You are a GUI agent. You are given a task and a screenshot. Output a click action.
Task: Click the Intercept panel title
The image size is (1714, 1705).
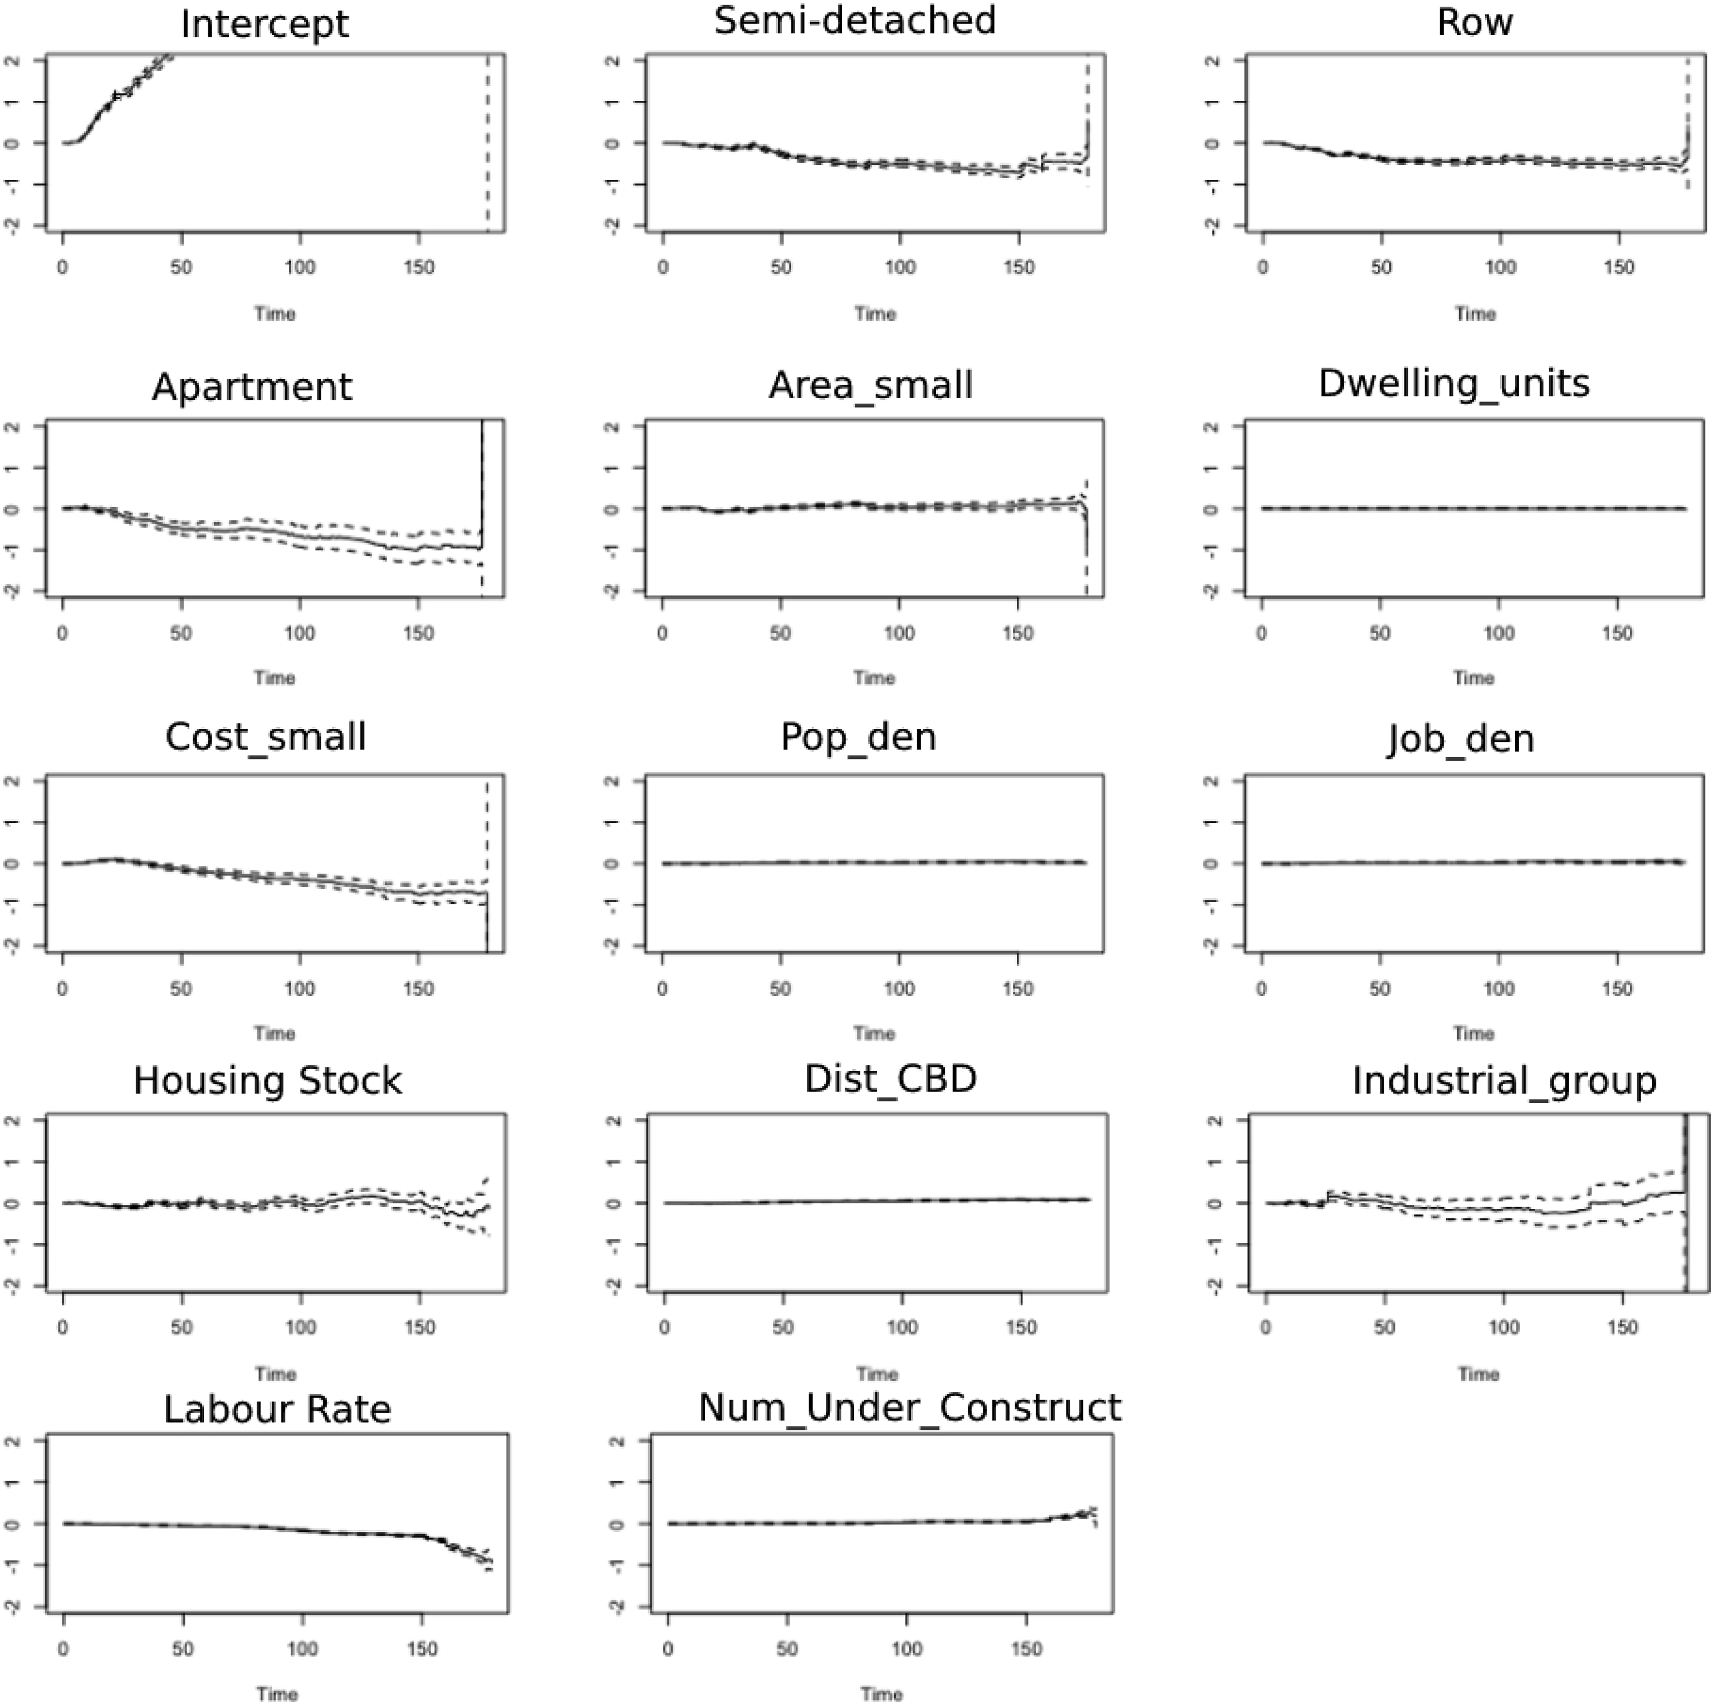265,24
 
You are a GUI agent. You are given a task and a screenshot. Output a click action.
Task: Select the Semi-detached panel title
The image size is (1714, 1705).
855,21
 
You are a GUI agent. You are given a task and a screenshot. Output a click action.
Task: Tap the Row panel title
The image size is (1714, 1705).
1475,22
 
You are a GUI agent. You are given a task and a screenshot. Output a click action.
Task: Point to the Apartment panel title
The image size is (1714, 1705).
252,388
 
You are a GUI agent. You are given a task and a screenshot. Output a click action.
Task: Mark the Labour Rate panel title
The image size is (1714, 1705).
277,1409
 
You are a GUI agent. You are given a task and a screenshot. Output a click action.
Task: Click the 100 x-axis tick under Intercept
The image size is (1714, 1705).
300,267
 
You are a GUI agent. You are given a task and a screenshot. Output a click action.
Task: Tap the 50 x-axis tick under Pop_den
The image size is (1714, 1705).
781,988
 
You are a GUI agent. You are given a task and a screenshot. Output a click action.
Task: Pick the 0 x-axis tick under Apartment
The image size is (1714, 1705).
62,633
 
